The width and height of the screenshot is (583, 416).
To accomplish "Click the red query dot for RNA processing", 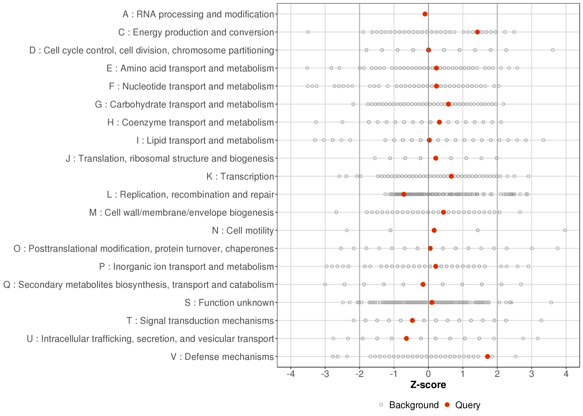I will (x=425, y=14).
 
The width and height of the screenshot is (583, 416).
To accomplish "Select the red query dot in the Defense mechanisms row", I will (x=487, y=356).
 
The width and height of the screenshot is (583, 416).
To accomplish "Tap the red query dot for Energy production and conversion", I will (x=477, y=32).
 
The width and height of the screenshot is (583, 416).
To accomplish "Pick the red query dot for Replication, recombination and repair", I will (x=404, y=194).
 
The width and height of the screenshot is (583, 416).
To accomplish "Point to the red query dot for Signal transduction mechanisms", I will (x=412, y=320).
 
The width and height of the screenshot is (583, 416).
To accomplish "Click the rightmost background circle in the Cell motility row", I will (x=565, y=230).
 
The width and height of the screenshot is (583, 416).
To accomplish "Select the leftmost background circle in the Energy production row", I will (x=308, y=32).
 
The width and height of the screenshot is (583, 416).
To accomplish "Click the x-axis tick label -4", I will (x=291, y=374).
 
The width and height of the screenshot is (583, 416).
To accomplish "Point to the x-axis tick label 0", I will (x=428, y=374).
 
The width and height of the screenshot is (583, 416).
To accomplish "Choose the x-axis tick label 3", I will (x=532, y=374).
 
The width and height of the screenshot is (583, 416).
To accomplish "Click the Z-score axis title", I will (x=428, y=385).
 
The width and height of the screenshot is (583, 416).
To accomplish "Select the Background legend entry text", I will (x=414, y=405).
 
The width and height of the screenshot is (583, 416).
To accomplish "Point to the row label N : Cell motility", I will (x=243, y=231).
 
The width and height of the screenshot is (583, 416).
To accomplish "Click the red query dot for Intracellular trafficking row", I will (x=406, y=338).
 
